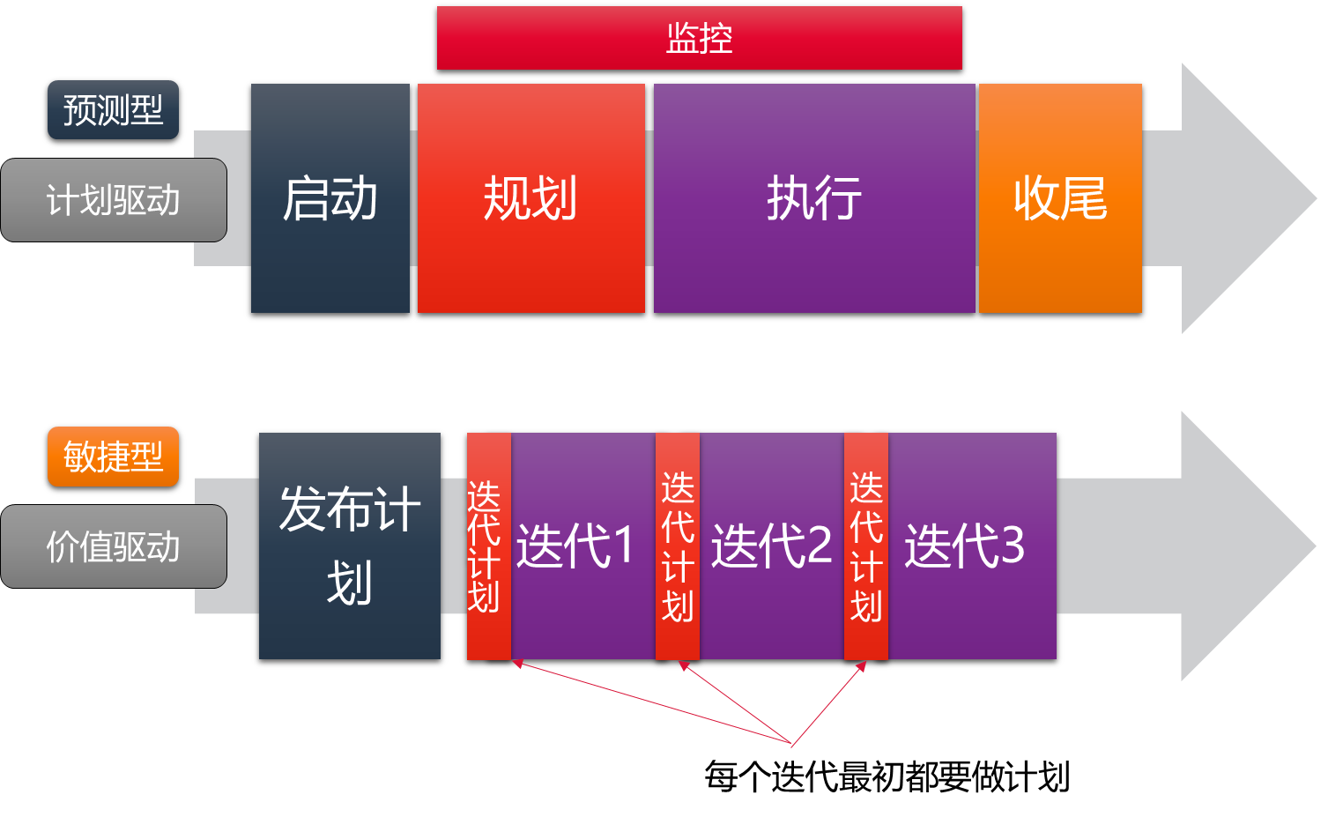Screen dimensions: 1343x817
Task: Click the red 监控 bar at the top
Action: [x=699, y=38]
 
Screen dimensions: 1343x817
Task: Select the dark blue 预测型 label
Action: [x=113, y=110]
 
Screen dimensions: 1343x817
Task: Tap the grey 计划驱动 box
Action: [x=114, y=200]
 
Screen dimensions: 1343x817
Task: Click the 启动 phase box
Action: [x=330, y=198]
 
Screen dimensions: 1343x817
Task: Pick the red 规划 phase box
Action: [x=531, y=198]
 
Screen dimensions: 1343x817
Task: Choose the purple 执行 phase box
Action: [x=814, y=198]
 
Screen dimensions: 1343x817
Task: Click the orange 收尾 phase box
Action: [x=1060, y=198]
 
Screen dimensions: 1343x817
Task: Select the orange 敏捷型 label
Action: [x=113, y=457]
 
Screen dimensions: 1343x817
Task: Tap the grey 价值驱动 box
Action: [x=114, y=546]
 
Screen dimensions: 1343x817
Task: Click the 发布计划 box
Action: [x=350, y=546]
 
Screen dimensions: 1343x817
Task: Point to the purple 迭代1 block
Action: [x=582, y=546]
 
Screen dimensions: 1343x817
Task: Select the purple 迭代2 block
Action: [x=772, y=546]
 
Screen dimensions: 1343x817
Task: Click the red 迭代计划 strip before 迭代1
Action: [x=488, y=546]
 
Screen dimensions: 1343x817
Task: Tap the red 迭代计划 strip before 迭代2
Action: [x=678, y=546]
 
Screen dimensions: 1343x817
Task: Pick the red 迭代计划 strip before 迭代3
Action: [x=866, y=546]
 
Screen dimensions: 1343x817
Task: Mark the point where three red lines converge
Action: [x=792, y=746]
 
